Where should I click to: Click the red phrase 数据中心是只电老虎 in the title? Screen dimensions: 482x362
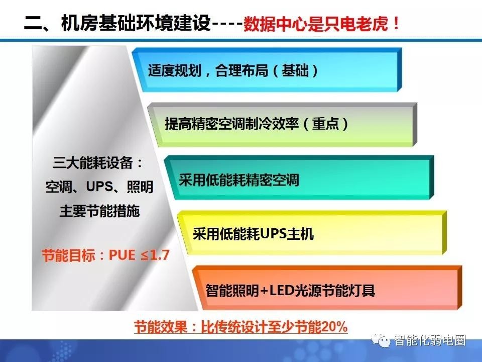tap(316, 24)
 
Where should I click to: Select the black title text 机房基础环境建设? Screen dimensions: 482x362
tap(136, 23)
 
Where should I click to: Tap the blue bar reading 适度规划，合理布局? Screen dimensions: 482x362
tap(267, 70)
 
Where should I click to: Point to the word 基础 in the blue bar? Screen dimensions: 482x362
tap(295, 70)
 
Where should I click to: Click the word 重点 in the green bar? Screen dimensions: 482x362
tap(325, 124)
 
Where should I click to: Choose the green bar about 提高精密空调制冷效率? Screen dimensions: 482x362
tap(282, 125)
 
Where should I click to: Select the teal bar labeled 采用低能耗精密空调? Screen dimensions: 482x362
tap(299, 177)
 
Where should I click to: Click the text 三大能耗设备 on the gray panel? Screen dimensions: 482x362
tap(93, 163)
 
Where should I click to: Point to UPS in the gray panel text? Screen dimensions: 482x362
tap(99, 187)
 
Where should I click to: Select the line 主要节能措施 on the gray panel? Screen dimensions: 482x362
tap(99, 211)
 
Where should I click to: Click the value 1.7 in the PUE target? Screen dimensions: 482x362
tap(159, 255)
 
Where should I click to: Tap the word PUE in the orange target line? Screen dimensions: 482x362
tap(122, 255)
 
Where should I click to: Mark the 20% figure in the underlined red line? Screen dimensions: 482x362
tap(334, 327)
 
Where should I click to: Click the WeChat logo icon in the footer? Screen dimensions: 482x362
tap(381, 340)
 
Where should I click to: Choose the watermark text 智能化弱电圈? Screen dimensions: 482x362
tap(430, 340)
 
